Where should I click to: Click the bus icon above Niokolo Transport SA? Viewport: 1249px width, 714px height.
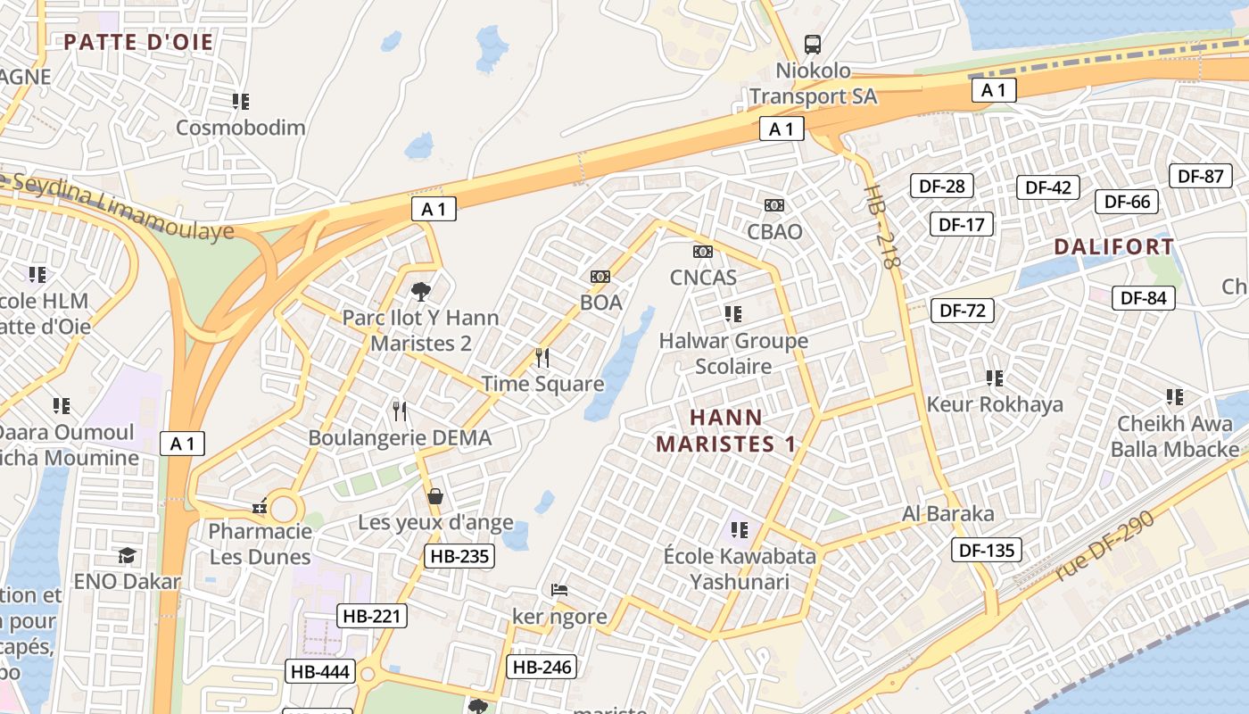click(x=813, y=44)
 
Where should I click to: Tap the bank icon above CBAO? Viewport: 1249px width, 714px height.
click(x=774, y=205)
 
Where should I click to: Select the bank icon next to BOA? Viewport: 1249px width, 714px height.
click(x=600, y=277)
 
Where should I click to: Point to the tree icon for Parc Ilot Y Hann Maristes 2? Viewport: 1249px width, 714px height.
click(x=420, y=291)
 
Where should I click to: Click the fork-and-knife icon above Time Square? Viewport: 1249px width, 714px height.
click(x=542, y=358)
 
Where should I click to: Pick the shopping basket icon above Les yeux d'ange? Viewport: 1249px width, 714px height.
click(x=435, y=496)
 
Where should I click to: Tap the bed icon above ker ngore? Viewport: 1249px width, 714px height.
click(x=559, y=590)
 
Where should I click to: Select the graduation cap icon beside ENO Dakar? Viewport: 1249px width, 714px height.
click(x=128, y=555)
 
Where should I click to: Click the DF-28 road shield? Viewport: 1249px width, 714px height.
click(x=941, y=186)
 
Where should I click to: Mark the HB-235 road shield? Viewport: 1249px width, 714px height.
click(x=459, y=557)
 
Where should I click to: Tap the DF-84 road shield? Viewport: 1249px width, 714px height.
click(x=1143, y=298)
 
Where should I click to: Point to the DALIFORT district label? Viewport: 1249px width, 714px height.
click(x=1114, y=246)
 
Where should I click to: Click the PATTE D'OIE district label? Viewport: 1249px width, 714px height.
click(x=138, y=42)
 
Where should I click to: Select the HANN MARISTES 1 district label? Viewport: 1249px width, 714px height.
click(x=726, y=430)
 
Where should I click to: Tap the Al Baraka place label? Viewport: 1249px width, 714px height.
click(x=947, y=514)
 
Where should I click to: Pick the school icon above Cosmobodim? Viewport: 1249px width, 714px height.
click(x=241, y=102)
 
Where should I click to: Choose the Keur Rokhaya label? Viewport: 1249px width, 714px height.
click(x=995, y=404)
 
